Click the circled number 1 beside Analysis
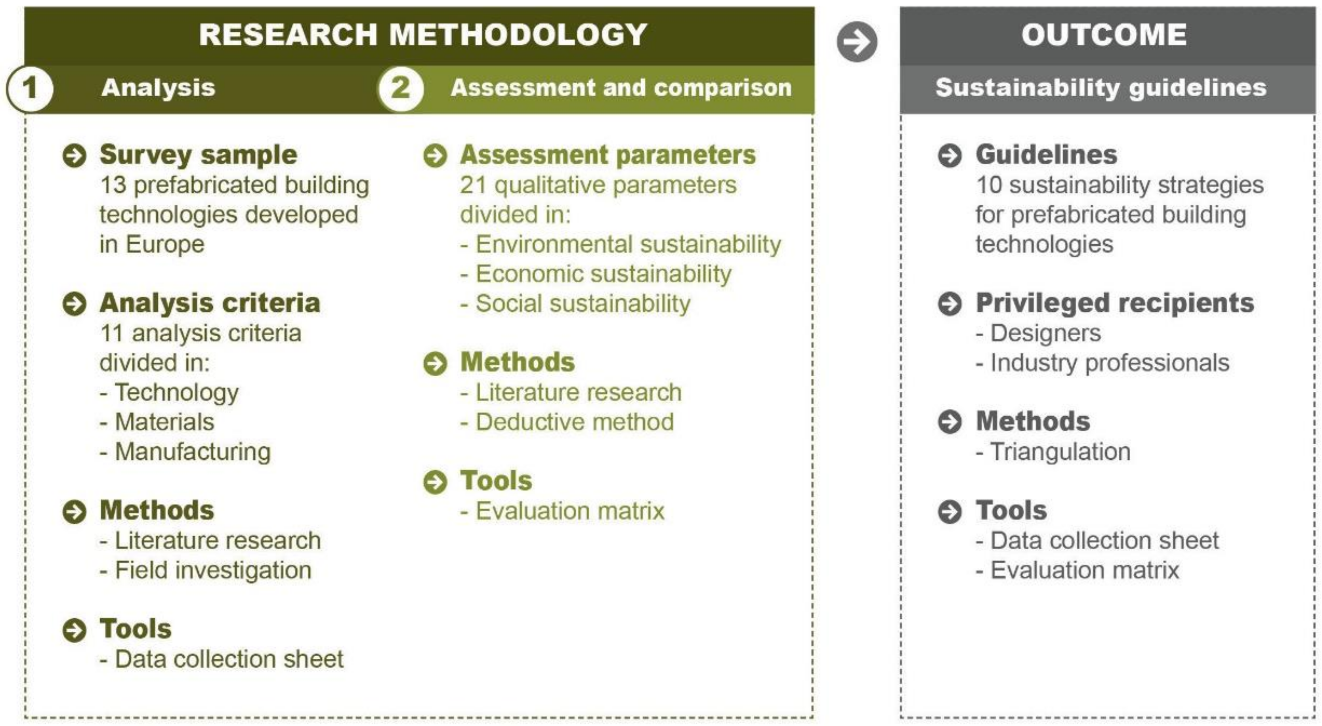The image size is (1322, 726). point(29,88)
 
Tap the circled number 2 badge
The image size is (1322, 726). point(401,88)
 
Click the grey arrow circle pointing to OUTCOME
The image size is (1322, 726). point(856,42)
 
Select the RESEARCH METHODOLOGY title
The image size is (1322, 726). point(422,35)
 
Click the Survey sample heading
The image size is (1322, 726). point(198,154)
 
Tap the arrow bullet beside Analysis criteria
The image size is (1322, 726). point(75,303)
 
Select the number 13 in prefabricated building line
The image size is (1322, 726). point(113,185)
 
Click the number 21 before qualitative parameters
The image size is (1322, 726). point(473,185)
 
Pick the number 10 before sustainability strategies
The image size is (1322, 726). point(988,185)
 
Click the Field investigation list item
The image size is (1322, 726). point(212,570)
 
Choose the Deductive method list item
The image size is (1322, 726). point(574,422)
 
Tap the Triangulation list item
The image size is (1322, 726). point(1060,452)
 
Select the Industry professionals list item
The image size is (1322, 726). point(1109,363)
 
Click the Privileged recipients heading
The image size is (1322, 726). point(1115,303)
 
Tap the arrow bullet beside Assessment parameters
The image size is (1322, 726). point(435,156)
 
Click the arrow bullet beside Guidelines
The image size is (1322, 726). point(949,156)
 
